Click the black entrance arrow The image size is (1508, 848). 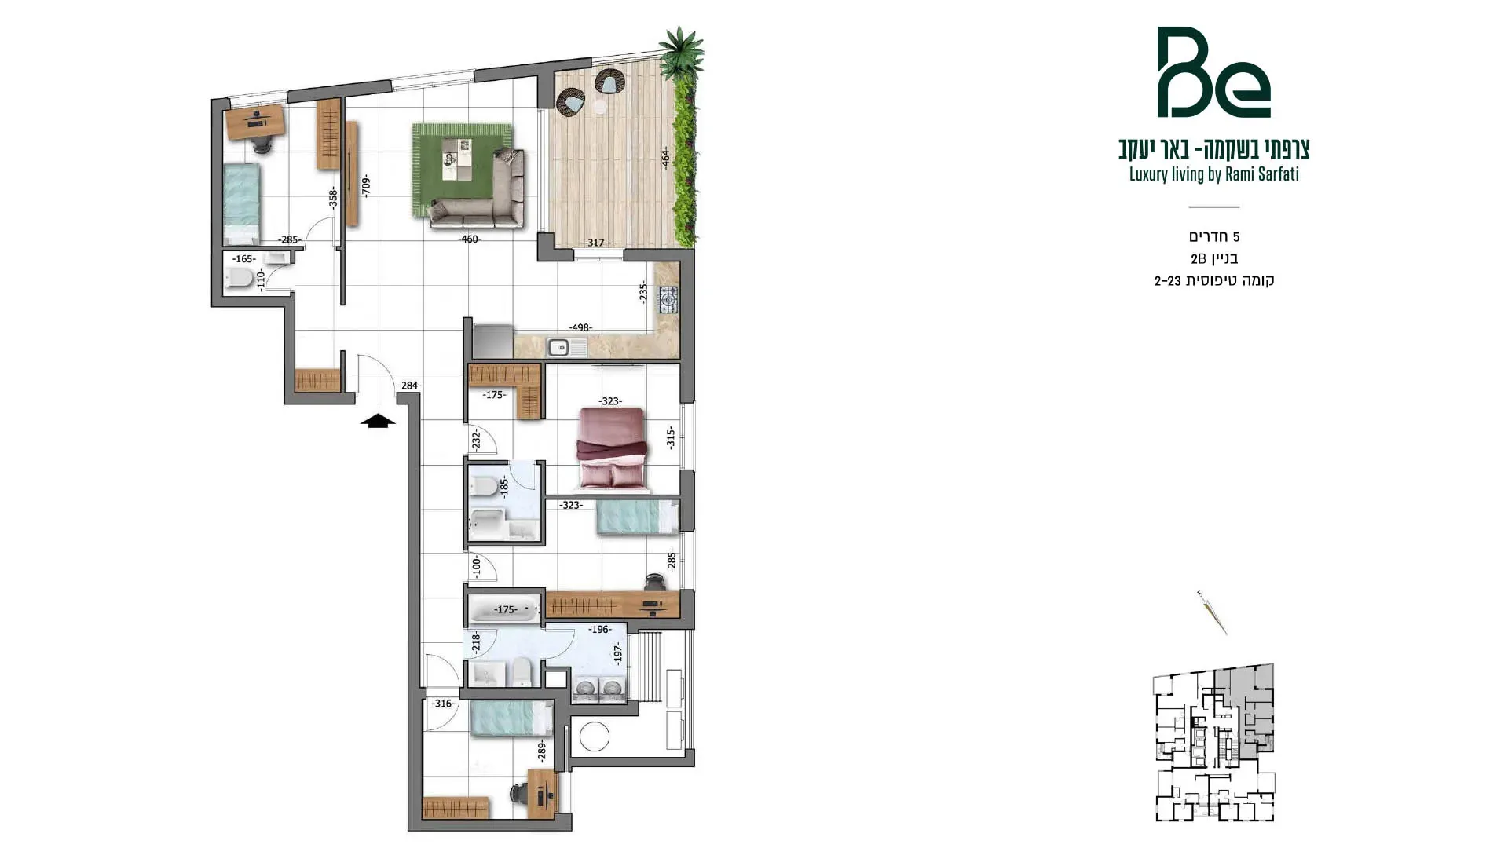378,421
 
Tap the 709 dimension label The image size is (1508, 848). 365,186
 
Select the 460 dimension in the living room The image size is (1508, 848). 470,239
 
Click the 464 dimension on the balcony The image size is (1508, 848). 665,157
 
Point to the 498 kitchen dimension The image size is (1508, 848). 581,328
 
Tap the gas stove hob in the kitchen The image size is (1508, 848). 668,300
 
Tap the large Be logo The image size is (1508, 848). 1213,72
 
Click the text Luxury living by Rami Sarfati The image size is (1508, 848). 1213,174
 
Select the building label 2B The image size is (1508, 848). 1198,258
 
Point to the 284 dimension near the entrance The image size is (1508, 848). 409,386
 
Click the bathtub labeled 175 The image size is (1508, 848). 505,609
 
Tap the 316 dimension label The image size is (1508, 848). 442,704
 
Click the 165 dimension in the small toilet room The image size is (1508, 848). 243,259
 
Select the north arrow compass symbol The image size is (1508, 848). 1212,612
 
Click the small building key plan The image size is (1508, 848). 1213,743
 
